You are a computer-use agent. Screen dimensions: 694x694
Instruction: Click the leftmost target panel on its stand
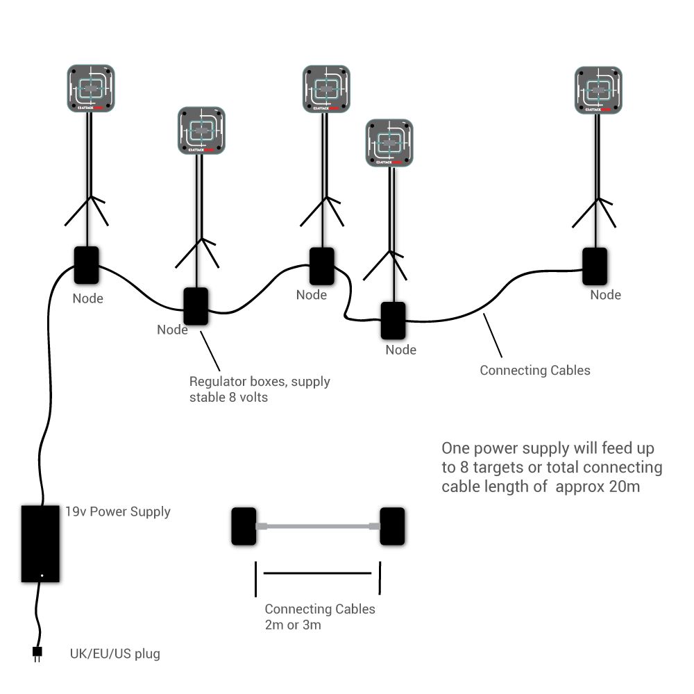(91, 88)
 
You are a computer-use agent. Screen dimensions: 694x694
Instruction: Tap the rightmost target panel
(598, 90)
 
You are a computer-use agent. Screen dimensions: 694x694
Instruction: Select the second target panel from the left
(201, 130)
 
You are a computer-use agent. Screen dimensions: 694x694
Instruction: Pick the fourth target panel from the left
(389, 143)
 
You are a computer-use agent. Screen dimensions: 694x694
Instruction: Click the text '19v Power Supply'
(118, 512)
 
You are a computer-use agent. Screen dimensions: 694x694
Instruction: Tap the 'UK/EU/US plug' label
(115, 654)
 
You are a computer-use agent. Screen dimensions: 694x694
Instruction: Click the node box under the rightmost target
(595, 266)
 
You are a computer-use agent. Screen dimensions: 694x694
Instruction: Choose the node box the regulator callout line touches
(196, 307)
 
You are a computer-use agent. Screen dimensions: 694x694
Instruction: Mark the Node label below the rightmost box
(605, 295)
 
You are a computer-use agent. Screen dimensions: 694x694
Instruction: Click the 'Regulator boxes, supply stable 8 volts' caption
(260, 389)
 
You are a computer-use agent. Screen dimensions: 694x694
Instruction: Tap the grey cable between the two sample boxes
(319, 527)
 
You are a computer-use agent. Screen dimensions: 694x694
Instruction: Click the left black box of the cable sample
(244, 527)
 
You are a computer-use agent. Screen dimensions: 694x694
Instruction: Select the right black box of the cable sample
(392, 527)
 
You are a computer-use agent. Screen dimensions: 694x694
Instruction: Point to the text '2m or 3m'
(293, 625)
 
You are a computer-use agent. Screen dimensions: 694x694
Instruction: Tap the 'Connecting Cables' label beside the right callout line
(535, 370)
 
